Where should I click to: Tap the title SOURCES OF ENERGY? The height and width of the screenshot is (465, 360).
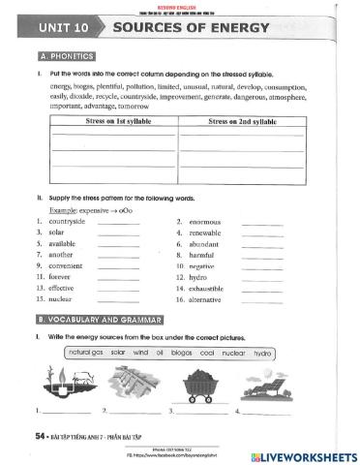190,27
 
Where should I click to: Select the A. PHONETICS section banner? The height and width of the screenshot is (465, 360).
70,56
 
